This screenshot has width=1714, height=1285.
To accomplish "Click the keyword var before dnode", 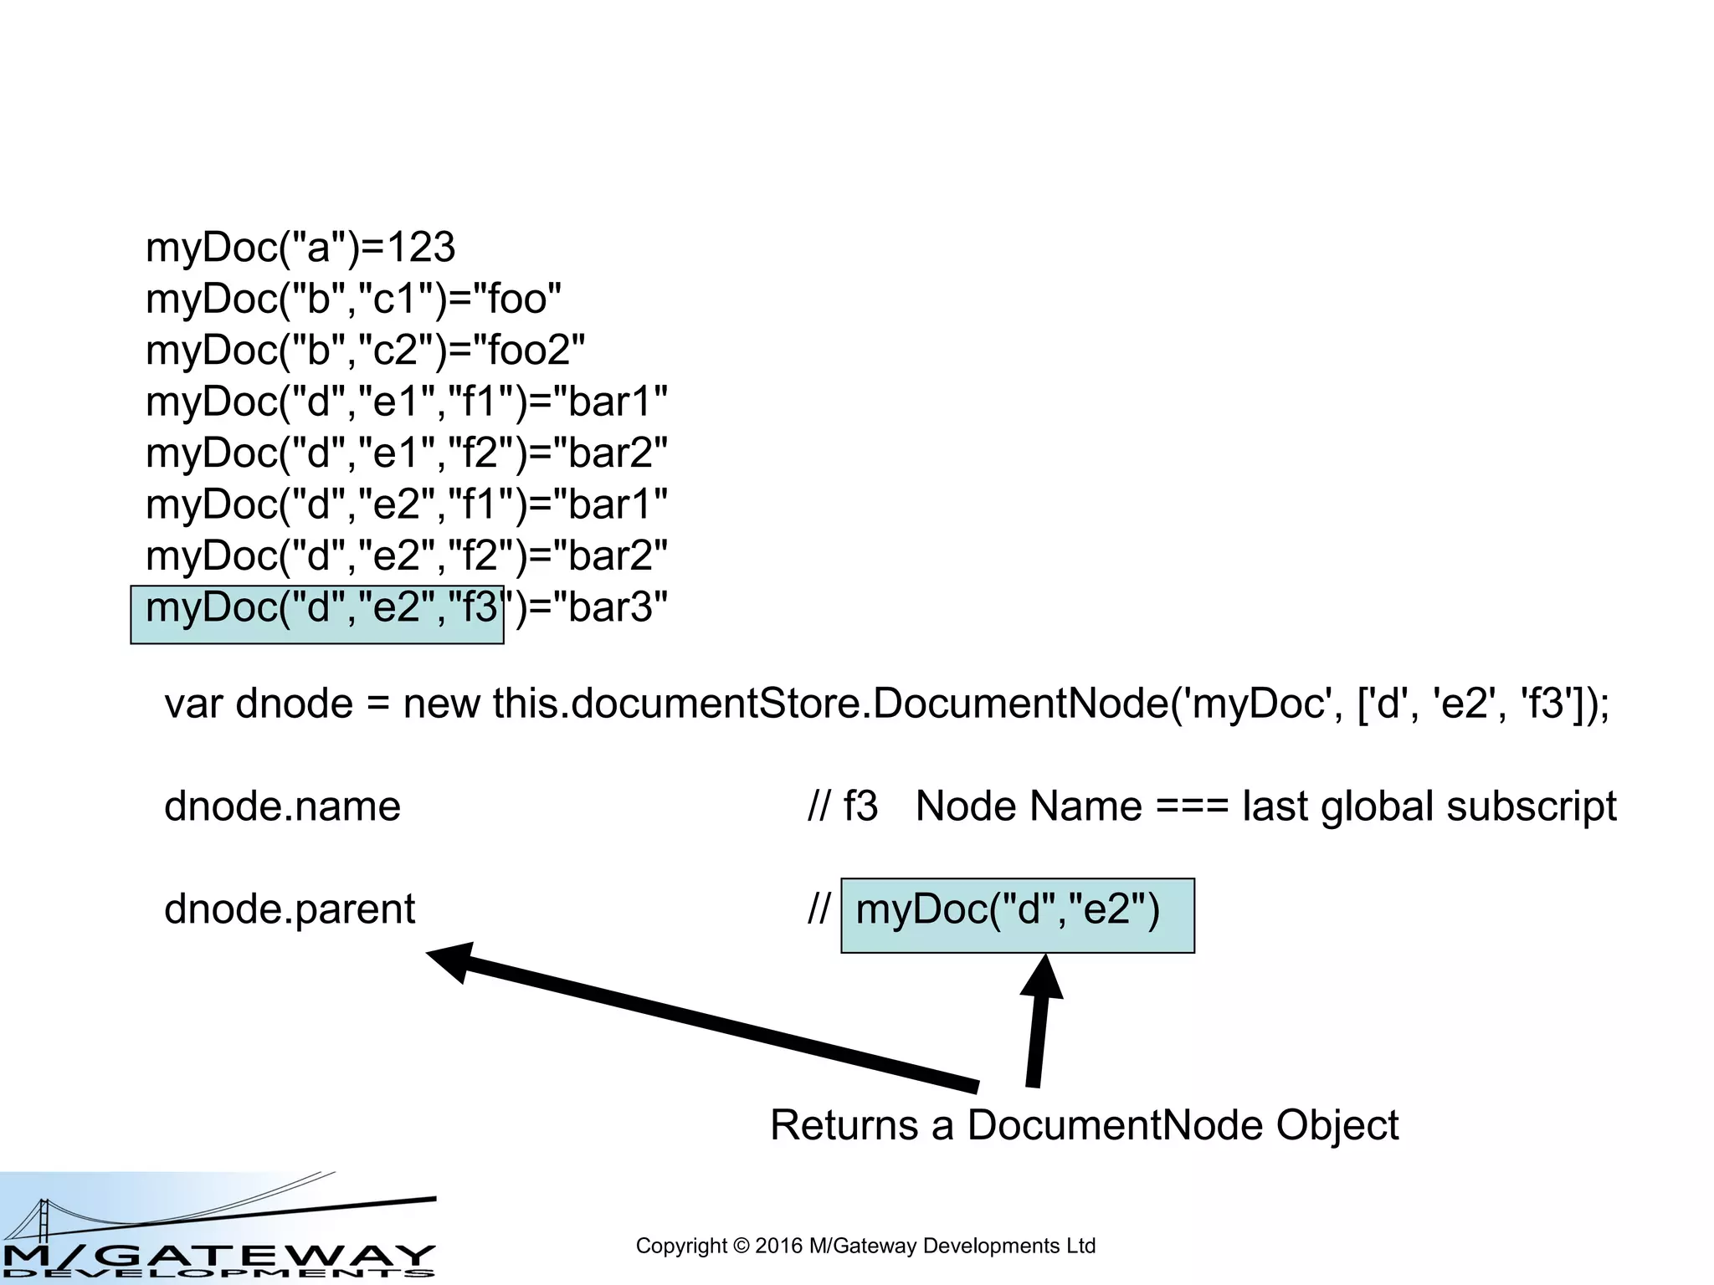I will [193, 704].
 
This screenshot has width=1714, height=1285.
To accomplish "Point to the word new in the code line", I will [441, 704].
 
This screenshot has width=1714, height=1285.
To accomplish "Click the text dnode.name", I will [282, 806].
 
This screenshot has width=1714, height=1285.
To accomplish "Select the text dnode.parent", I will [290, 909].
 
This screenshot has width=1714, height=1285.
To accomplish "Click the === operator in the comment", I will [1192, 806].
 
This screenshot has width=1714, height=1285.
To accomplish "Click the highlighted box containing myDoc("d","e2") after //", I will [1017, 915].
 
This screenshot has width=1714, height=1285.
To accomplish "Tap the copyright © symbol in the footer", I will [741, 1247].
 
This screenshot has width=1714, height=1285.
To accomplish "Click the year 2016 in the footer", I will [778, 1247].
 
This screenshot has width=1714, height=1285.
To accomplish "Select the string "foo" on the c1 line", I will [518, 299].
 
